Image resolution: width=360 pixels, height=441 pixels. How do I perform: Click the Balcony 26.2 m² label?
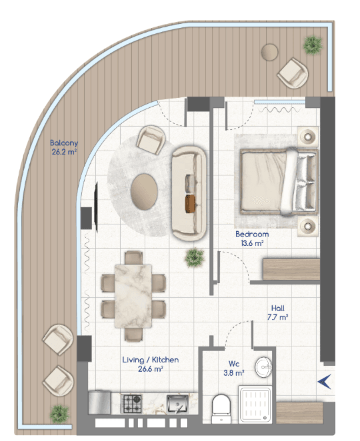(64, 147)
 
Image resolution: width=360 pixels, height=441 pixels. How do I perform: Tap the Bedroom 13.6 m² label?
(252, 238)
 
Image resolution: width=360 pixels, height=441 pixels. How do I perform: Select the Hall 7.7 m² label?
(277, 312)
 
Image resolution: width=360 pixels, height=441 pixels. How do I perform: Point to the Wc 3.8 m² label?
(233, 368)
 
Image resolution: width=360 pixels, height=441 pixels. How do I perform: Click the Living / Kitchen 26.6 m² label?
(150, 364)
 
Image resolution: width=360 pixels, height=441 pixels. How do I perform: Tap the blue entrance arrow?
(325, 382)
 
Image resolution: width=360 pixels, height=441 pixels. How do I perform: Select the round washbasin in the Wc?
(264, 367)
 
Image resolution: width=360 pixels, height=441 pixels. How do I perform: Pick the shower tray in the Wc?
(255, 404)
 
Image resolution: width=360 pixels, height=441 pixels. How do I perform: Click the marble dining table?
(133, 296)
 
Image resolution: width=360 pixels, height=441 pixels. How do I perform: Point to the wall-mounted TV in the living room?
(96, 207)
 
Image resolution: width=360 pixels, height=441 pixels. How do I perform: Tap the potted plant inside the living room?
(194, 257)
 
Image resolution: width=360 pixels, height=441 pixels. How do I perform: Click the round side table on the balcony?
(269, 52)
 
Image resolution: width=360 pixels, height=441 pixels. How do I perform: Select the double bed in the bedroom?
(279, 182)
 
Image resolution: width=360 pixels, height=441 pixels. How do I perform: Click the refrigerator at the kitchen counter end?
(99, 403)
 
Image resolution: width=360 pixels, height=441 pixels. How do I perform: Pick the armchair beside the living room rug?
(151, 140)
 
